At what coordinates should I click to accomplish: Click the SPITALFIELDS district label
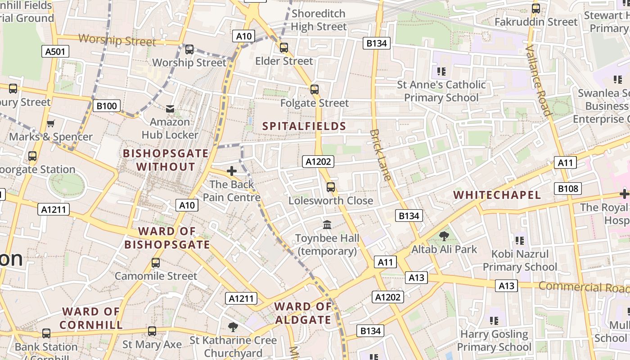(304, 126)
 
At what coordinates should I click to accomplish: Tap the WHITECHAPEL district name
(497, 195)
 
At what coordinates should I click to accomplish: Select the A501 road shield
(55, 51)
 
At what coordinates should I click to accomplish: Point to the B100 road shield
(107, 106)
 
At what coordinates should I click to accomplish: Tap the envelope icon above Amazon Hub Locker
(170, 109)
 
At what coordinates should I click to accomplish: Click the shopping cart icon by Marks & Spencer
(50, 123)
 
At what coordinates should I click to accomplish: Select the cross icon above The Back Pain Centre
(232, 171)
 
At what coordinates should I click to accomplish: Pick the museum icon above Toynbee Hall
(327, 224)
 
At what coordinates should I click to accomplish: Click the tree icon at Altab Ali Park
(444, 236)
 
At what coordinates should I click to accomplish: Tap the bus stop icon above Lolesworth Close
(331, 187)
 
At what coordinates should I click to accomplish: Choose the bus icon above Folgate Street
(315, 90)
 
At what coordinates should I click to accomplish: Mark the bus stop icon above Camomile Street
(156, 262)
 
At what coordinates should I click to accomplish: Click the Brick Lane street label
(380, 155)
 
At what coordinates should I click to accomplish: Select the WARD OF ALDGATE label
(303, 313)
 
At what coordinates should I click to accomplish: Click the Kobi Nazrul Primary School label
(520, 261)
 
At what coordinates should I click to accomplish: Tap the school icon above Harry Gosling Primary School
(494, 321)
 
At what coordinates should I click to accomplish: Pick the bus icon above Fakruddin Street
(535, 8)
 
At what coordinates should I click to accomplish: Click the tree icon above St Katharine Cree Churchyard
(233, 327)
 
